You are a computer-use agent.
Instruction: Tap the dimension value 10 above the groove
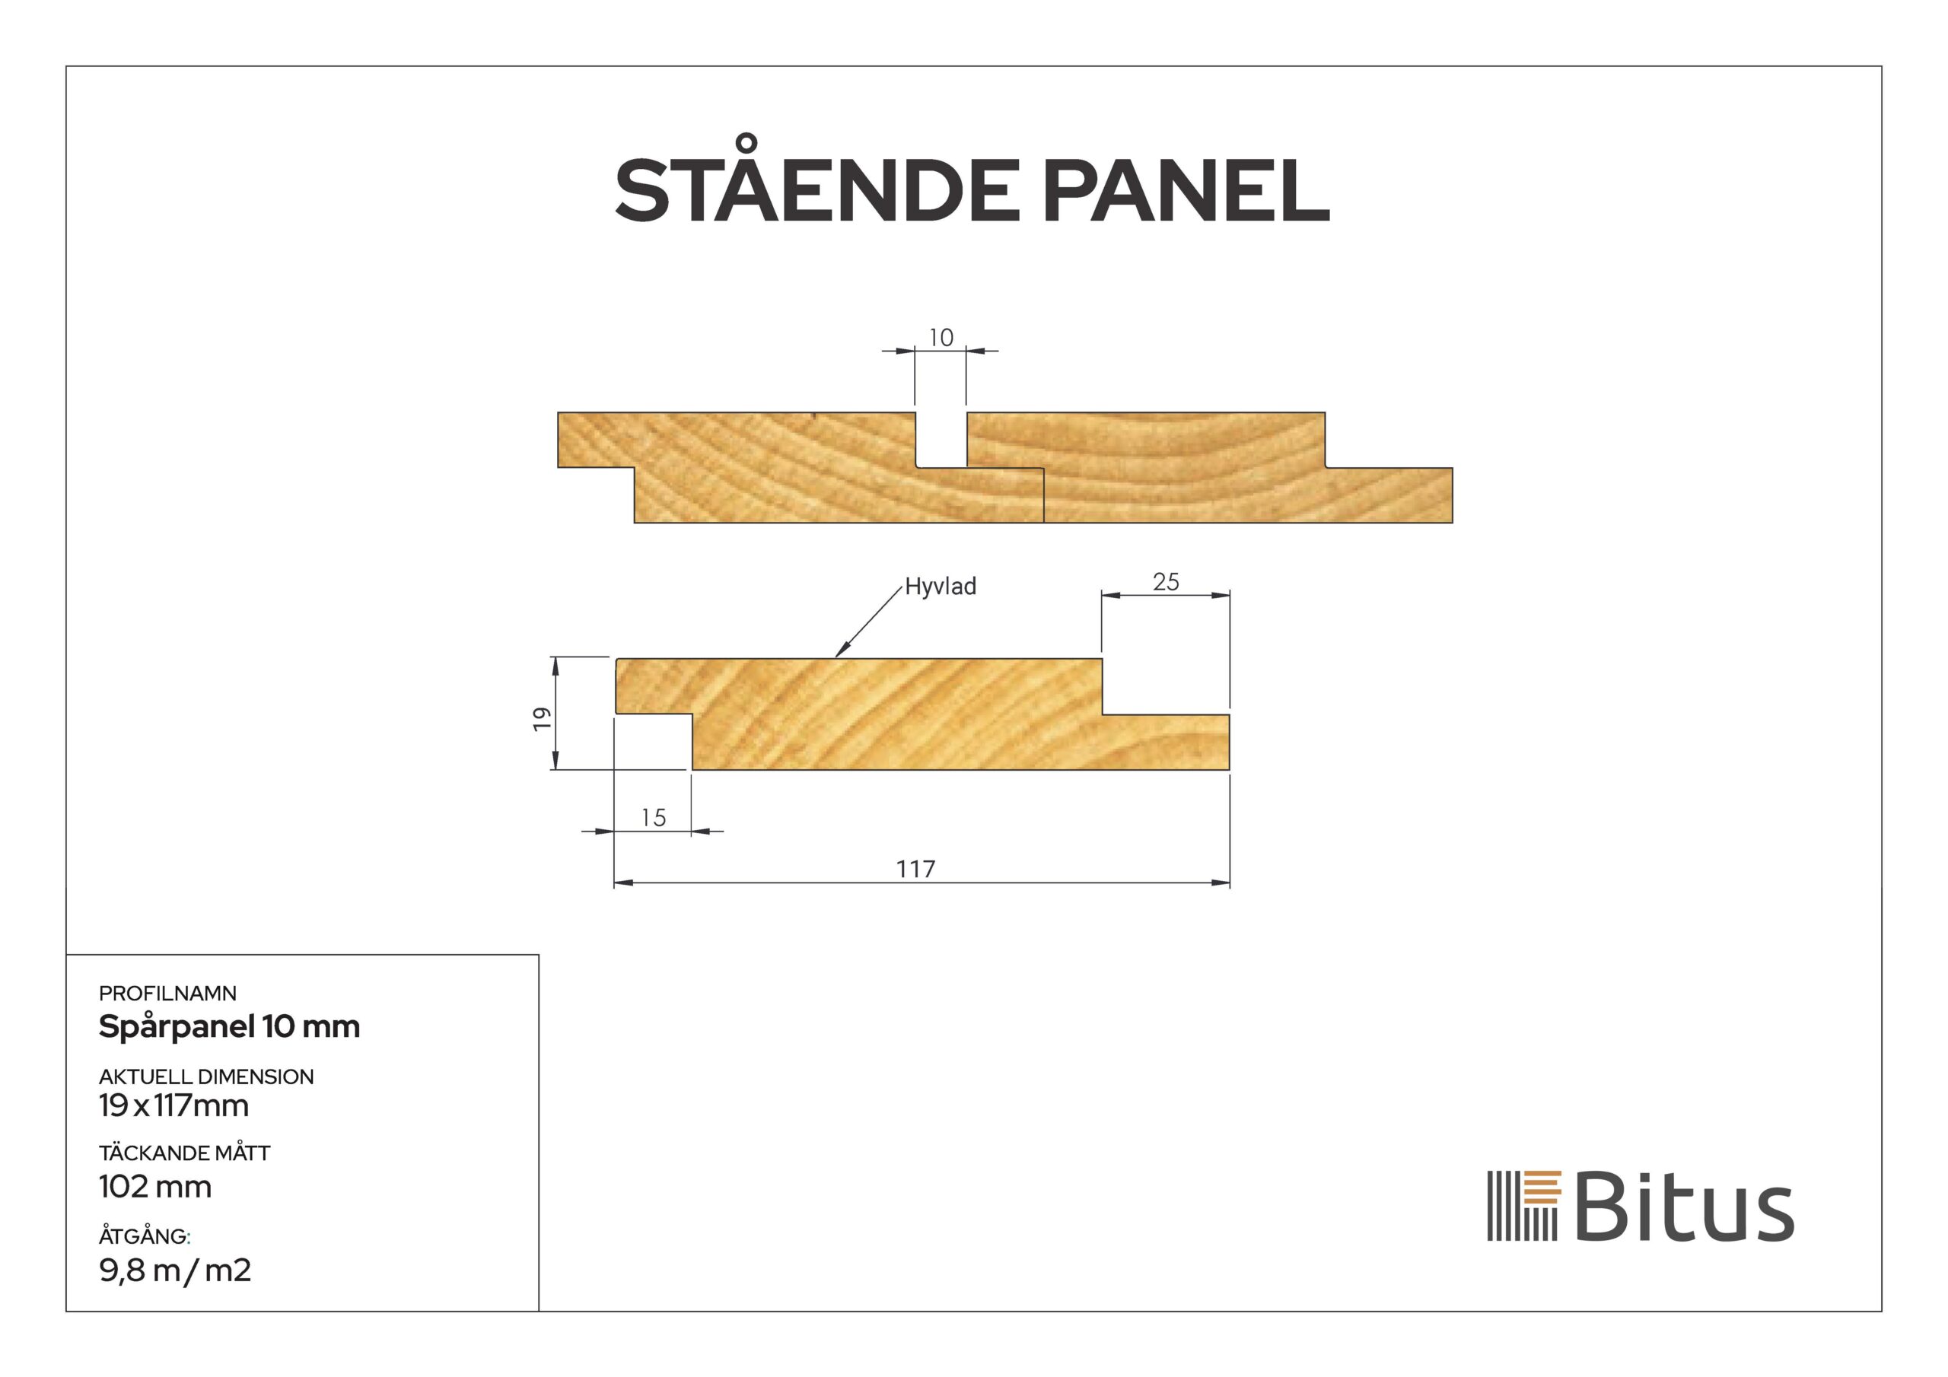click(940, 338)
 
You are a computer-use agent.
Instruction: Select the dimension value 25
click(1166, 582)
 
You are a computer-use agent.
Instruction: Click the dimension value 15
click(652, 818)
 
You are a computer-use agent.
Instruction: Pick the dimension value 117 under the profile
click(915, 869)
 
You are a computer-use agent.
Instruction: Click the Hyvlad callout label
click(940, 587)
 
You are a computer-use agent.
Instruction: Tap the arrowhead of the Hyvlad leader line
click(839, 654)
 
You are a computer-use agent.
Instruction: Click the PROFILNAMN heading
click(167, 993)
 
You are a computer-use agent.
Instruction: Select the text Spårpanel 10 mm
click(229, 1026)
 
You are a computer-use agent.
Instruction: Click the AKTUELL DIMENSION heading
click(206, 1076)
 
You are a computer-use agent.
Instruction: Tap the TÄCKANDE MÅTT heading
click(184, 1153)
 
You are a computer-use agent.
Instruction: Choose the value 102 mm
click(154, 1186)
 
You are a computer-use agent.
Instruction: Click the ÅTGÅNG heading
click(145, 1236)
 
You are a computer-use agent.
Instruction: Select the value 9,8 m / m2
click(175, 1270)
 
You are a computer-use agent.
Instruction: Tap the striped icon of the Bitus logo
click(1524, 1206)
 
